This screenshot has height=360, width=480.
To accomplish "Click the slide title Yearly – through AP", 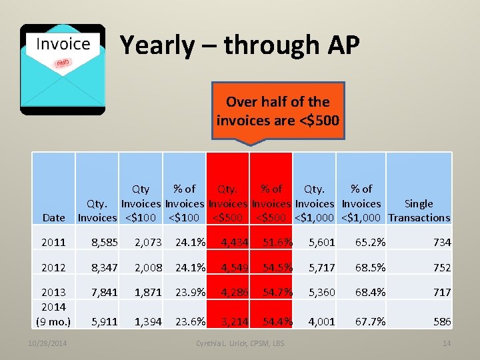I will pos(239,45).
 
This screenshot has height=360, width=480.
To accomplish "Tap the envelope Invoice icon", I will pos(63,69).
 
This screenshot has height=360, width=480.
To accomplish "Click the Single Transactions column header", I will pos(419,211).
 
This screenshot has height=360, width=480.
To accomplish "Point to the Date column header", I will pos(53,217).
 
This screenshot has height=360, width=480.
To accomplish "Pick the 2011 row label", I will pos(53,243).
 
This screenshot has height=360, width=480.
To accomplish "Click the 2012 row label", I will pos(53,267).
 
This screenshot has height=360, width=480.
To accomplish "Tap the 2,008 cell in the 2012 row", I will pos(148,267).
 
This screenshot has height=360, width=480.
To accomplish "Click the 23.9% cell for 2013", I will pos(190,292).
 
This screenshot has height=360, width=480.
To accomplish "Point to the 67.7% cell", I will pos(370,321).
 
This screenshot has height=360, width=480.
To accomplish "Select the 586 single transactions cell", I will pos(441,321).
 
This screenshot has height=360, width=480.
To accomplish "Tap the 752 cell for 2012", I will pos(441,267).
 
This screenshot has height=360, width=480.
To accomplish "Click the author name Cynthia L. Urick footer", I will pos(240,343).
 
